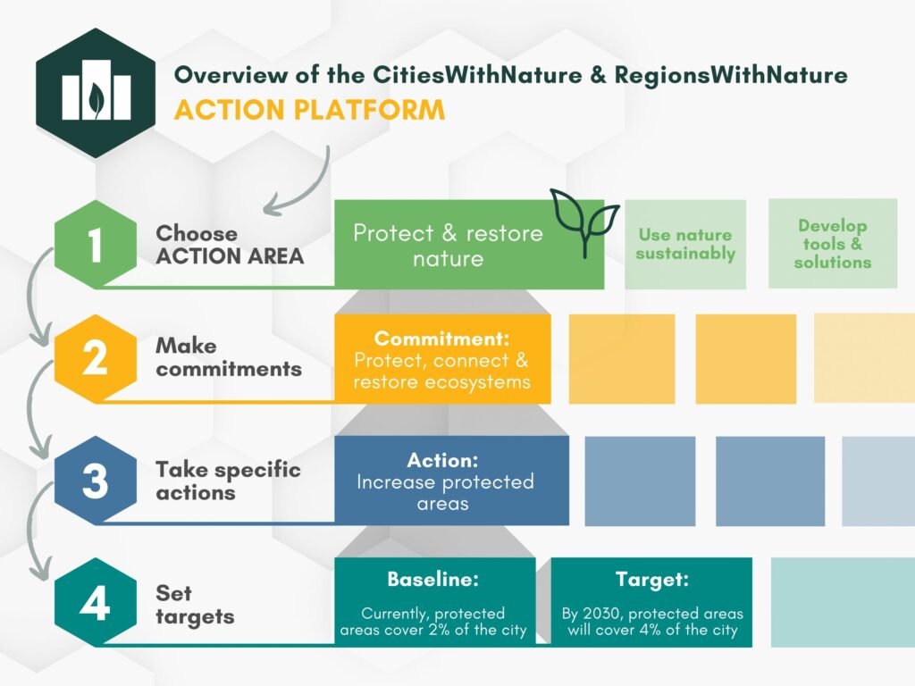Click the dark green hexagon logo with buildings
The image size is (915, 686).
(x=96, y=93)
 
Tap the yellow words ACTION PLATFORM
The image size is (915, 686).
(x=309, y=110)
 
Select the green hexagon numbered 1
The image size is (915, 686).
(x=96, y=246)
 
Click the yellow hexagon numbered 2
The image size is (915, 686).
(x=96, y=358)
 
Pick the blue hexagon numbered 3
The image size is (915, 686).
(x=96, y=481)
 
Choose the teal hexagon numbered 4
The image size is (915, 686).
(x=96, y=603)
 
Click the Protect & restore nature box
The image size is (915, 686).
(x=448, y=246)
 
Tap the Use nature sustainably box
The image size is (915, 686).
(x=685, y=245)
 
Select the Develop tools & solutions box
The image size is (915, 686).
(x=833, y=244)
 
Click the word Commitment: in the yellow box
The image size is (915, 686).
(x=441, y=339)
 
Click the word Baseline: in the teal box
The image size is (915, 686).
(x=433, y=580)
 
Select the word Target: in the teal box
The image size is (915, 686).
(x=651, y=580)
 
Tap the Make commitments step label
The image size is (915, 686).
(x=229, y=357)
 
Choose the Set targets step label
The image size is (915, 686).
(x=195, y=605)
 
